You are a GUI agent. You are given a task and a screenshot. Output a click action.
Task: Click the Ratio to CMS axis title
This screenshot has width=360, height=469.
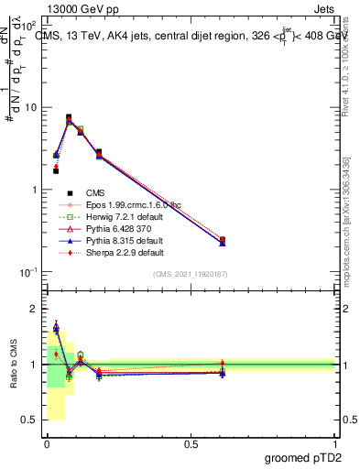13,364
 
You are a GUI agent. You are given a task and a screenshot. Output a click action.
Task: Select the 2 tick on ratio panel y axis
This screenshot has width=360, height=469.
33,309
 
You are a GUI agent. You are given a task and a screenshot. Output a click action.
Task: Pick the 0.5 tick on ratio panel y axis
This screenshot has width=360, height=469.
30,420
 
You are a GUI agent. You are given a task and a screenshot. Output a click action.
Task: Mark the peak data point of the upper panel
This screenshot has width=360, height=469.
69,118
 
